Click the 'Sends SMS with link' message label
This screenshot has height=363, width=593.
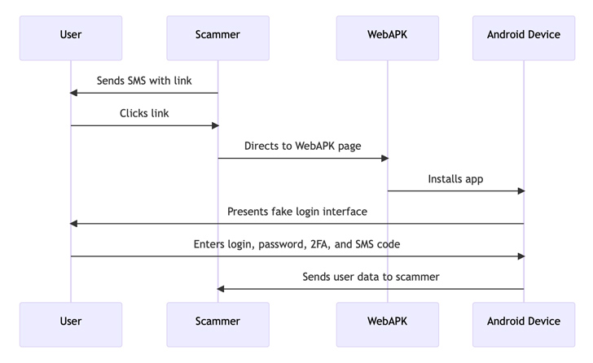click(144, 81)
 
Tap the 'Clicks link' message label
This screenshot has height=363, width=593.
click(144, 113)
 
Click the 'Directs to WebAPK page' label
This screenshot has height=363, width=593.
click(302, 146)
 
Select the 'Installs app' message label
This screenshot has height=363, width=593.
click(455, 178)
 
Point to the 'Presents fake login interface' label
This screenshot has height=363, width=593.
click(296, 212)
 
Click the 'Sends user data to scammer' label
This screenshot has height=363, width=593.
click(371, 277)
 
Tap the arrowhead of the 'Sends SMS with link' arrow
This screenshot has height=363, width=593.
click(74, 93)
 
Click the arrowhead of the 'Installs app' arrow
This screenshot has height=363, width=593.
click(520, 190)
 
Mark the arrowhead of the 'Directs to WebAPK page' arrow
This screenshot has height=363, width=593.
click(384, 158)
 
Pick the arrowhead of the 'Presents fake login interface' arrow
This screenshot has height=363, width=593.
click(74, 223)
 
